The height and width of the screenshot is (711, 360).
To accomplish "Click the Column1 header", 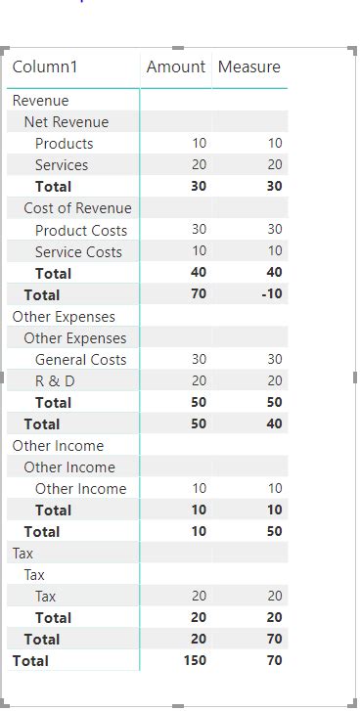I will (45, 67).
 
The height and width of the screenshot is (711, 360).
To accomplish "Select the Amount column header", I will (176, 67).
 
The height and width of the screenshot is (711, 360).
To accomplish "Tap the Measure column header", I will (249, 67).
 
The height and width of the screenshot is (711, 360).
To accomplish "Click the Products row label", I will (64, 144).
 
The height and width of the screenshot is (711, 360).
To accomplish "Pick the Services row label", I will (62, 165).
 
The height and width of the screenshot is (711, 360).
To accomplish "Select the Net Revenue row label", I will (67, 122).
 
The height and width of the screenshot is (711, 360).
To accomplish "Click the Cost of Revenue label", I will (77, 208).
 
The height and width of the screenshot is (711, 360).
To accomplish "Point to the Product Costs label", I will (81, 230).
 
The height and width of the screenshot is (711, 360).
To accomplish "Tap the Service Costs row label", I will (78, 251).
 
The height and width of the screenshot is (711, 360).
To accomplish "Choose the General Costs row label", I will (80, 359).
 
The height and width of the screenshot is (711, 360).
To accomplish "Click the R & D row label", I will (55, 380).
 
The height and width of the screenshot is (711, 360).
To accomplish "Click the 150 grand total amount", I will (194, 660).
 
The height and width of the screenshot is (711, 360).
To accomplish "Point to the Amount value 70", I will (199, 294).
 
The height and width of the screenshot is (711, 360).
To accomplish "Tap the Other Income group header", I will (58, 445).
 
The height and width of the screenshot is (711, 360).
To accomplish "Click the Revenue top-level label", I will (40, 101).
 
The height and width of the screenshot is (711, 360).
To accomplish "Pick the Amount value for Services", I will (199, 165).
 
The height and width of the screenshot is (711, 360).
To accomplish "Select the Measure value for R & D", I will (274, 380).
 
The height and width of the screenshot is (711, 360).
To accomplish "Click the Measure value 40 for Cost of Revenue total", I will (274, 273).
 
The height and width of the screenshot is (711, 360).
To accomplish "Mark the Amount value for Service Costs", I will (199, 251).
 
